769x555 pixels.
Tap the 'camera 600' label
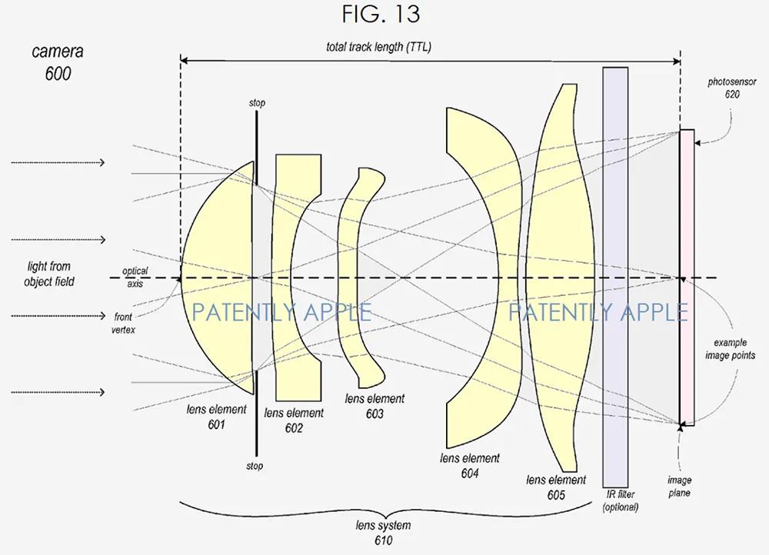point(58,63)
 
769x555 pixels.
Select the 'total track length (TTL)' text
point(378,47)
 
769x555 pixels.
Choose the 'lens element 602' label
point(294,420)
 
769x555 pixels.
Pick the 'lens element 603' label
point(375,406)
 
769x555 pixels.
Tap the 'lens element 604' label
point(469,466)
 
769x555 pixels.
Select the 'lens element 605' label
point(556,487)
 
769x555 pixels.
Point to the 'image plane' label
point(679,487)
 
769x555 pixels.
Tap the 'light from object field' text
point(49,274)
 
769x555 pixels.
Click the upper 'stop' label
point(257,103)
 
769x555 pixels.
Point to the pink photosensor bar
point(687,277)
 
